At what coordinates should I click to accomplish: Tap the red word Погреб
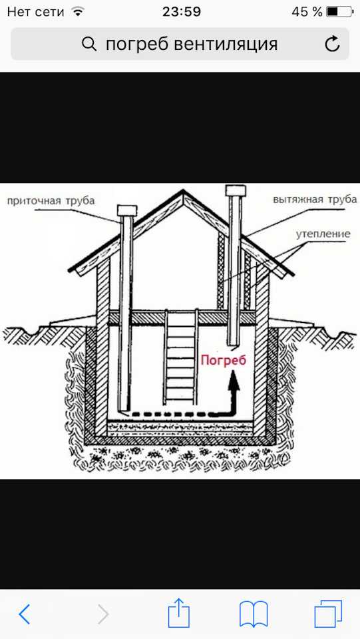click(224, 361)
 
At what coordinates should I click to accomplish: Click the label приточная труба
click(51, 200)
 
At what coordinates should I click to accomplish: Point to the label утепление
click(323, 234)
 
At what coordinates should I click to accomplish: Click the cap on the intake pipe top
click(127, 211)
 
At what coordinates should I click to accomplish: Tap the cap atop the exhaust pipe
click(236, 190)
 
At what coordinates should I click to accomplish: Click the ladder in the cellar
click(181, 357)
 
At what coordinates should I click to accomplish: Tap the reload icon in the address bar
click(332, 44)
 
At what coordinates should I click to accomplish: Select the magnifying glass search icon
click(89, 44)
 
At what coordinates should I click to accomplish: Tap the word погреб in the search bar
click(137, 45)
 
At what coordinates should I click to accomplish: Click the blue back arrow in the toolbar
click(25, 614)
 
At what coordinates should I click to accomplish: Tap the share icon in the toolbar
click(179, 612)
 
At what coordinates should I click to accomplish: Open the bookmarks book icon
click(254, 614)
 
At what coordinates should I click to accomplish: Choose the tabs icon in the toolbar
click(328, 613)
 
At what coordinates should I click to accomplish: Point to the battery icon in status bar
click(339, 11)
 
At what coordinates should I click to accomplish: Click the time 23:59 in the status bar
click(182, 11)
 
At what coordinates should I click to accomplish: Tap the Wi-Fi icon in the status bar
click(77, 11)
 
